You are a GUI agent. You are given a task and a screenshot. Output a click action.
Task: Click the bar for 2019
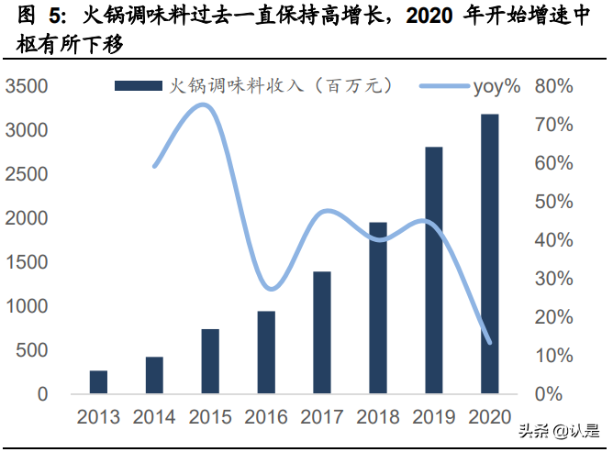coord(433,270)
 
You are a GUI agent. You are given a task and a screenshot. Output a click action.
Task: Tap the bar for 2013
coord(97,382)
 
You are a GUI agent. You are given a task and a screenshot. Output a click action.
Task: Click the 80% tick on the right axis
coord(553,86)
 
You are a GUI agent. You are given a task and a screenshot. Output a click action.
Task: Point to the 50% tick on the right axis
coord(553,202)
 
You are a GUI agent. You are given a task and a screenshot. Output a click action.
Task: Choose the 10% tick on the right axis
coord(553,356)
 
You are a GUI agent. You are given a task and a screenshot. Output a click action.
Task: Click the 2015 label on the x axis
coord(210,417)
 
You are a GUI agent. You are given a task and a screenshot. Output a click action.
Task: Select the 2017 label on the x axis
coord(321,417)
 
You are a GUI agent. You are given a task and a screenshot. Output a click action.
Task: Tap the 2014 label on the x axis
coord(154,417)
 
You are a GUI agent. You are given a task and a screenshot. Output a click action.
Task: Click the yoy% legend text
coord(496,86)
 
